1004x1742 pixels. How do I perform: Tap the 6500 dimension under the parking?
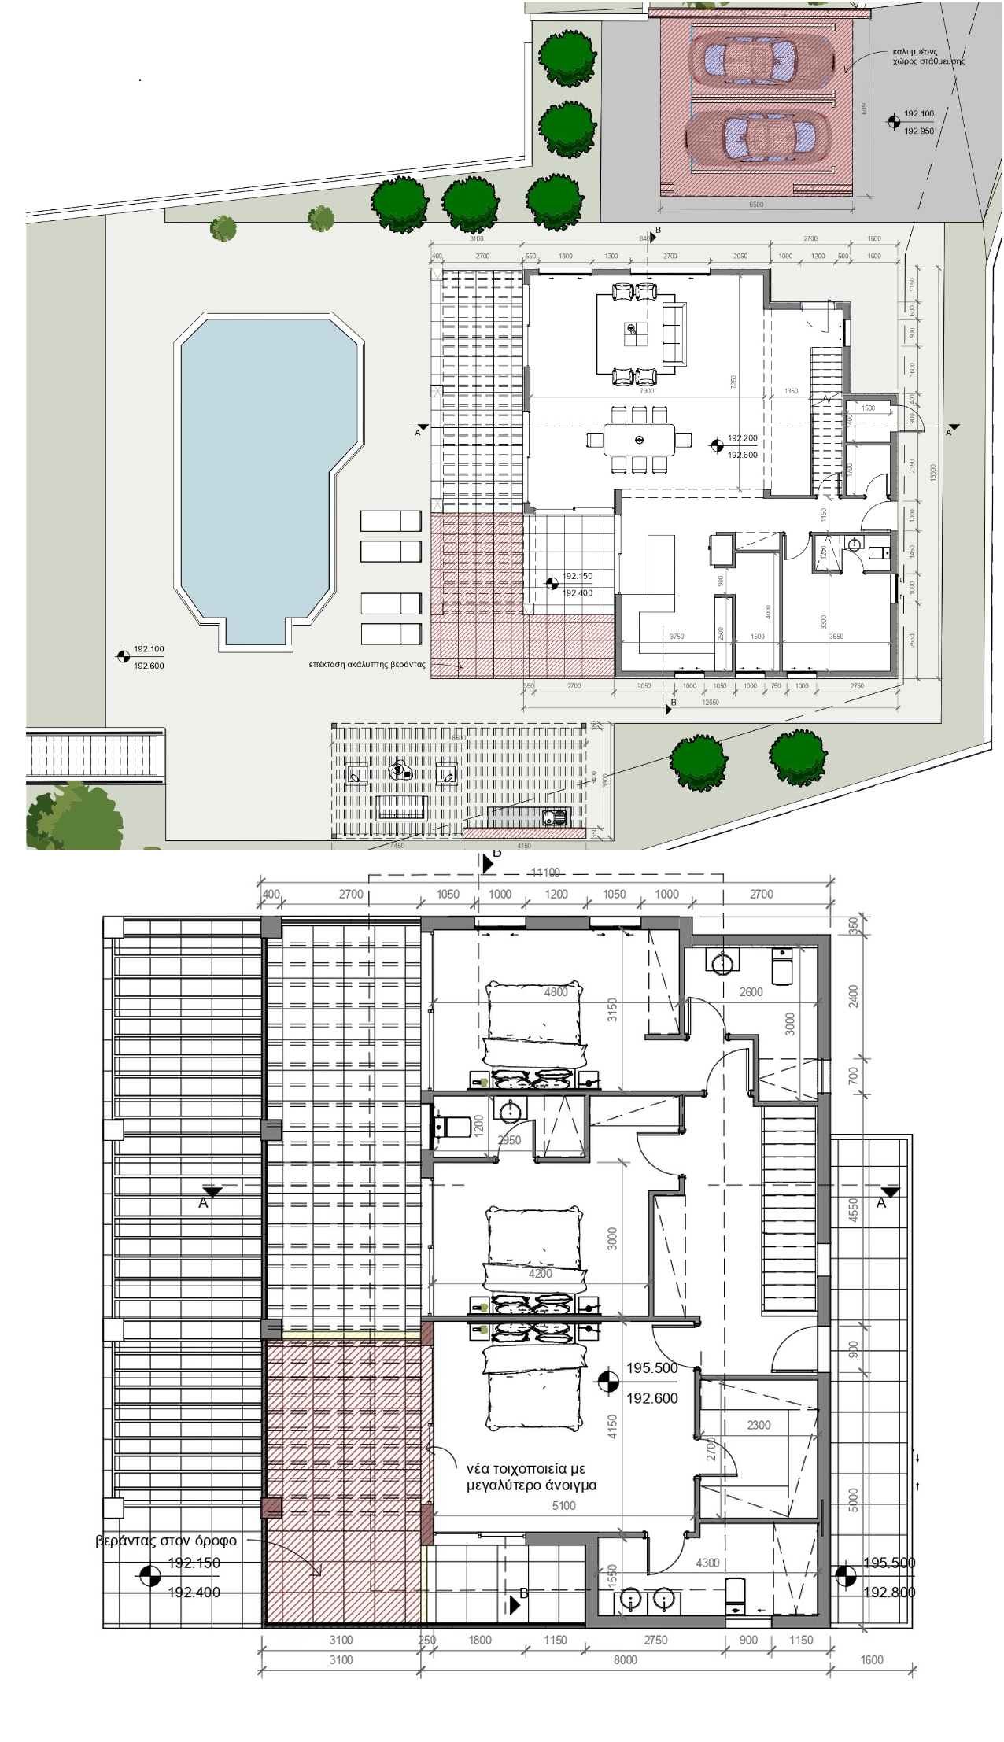tap(755, 205)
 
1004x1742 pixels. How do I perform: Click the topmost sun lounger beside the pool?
tap(390, 521)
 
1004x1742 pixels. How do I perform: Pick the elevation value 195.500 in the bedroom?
tap(651, 1367)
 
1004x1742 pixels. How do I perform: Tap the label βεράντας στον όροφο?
tap(165, 1541)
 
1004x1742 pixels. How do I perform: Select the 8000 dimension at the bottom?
tap(625, 1659)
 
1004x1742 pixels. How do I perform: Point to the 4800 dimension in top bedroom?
tap(556, 992)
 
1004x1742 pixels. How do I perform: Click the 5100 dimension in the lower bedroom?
tap(563, 1505)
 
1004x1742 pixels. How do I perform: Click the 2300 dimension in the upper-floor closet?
tap(759, 1425)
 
